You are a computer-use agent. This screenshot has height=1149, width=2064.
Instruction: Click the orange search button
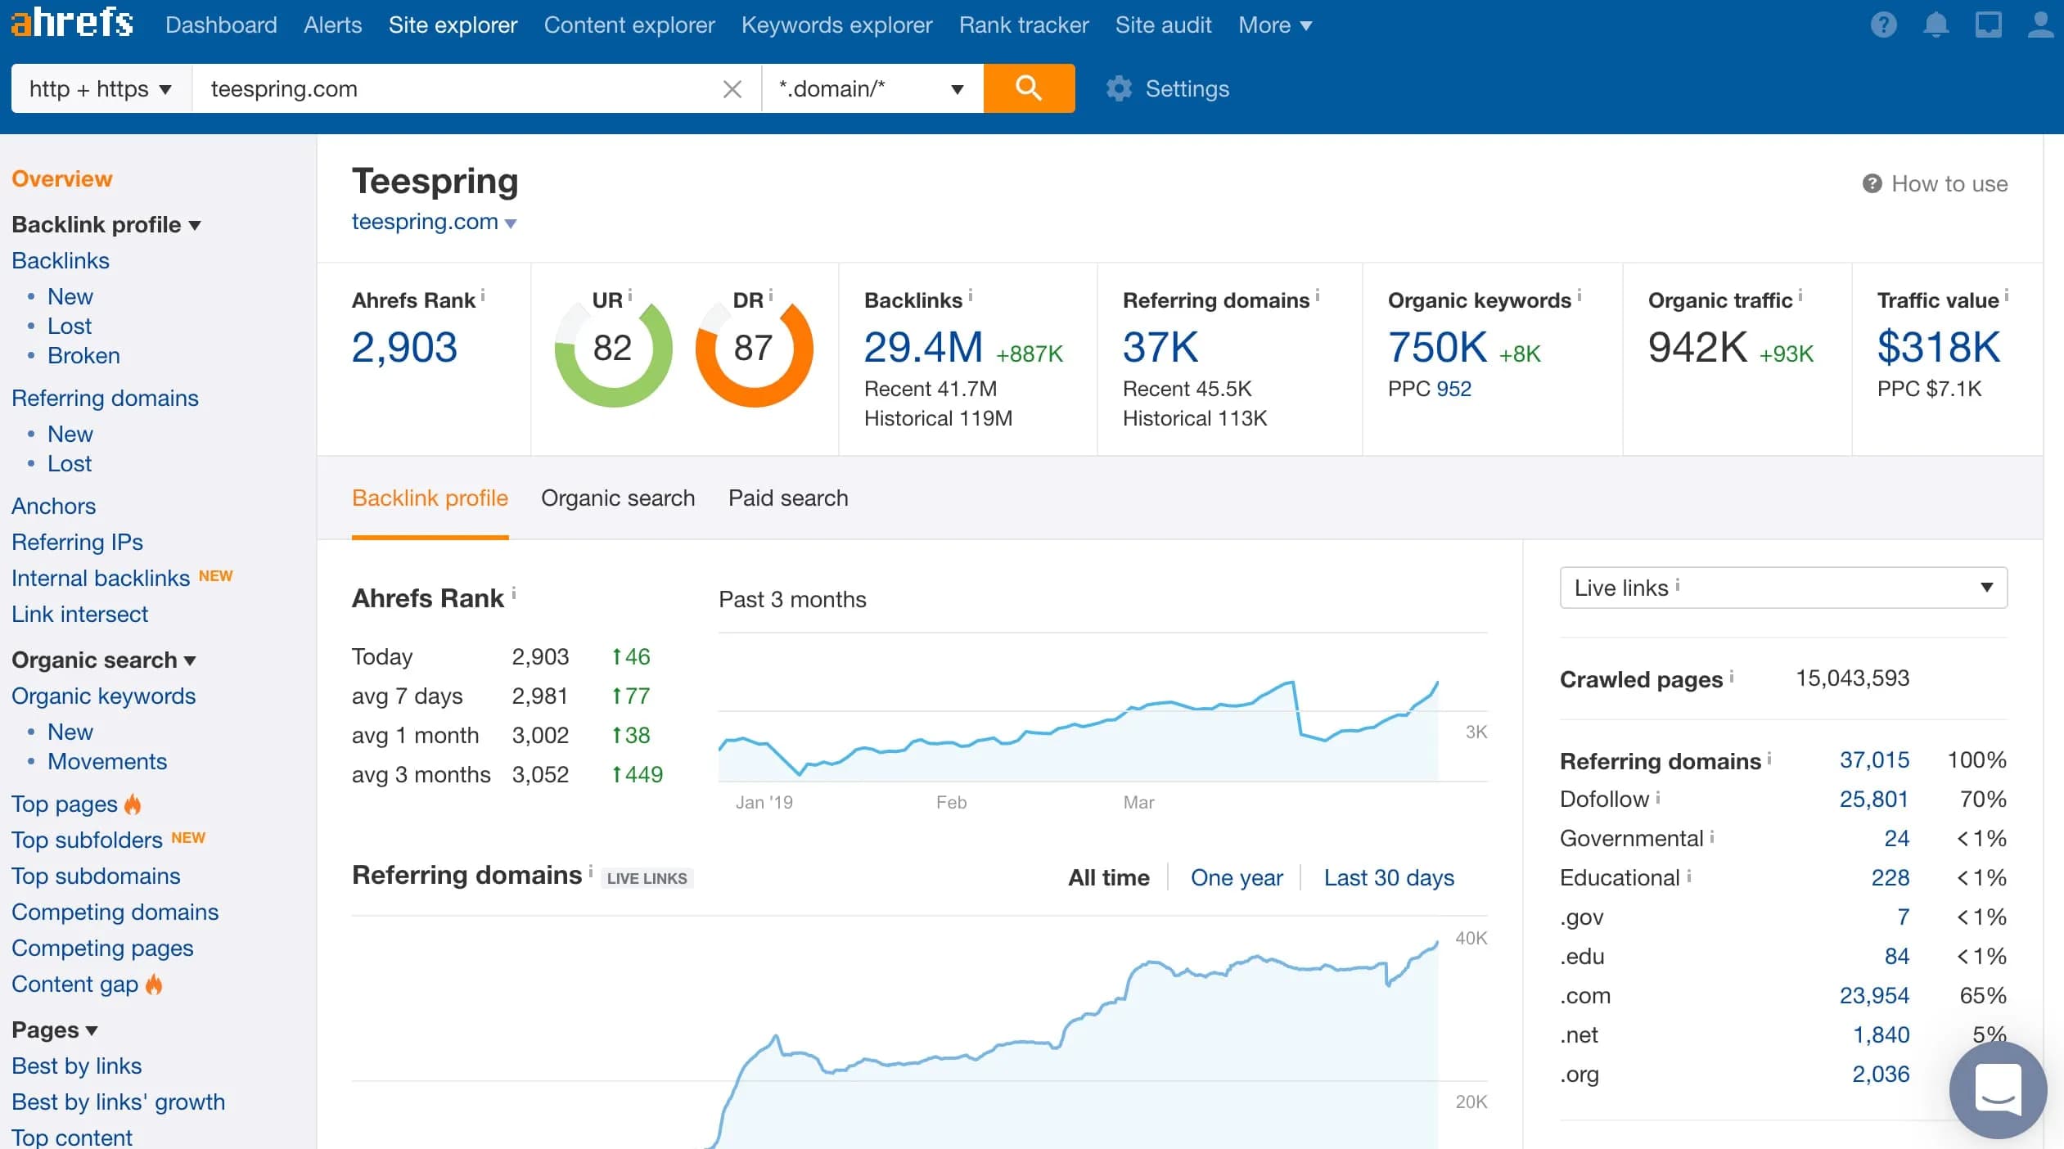[x=1029, y=88]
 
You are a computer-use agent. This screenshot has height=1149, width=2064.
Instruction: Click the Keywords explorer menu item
[x=836, y=25]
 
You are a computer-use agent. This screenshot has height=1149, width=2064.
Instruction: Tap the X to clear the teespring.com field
[x=732, y=88]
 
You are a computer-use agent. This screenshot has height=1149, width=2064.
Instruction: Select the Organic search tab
[x=618, y=498]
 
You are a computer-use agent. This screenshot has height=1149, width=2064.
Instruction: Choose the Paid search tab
[x=788, y=498]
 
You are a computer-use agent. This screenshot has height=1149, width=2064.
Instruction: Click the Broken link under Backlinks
[x=83, y=355]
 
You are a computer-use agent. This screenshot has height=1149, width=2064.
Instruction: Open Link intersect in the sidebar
[x=79, y=614]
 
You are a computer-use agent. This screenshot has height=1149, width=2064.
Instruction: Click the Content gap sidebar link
[x=74, y=984]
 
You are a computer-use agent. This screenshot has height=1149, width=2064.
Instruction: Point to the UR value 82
[x=612, y=348]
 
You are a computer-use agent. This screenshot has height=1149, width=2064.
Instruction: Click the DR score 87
[x=753, y=348]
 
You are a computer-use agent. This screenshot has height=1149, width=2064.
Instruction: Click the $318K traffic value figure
[x=1938, y=347]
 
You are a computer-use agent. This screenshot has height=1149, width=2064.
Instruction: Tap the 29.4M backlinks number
[x=923, y=347]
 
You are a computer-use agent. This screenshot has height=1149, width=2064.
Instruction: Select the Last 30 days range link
[x=1389, y=877]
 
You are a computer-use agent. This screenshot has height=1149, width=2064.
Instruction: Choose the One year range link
[x=1237, y=877]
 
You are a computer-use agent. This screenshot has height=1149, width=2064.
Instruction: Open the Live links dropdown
[x=1783, y=588]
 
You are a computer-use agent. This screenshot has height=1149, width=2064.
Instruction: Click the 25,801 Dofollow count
[x=1873, y=799]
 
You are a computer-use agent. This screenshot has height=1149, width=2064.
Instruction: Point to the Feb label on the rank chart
[x=951, y=802]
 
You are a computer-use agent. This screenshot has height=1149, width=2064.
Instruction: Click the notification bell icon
[x=1936, y=25]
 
